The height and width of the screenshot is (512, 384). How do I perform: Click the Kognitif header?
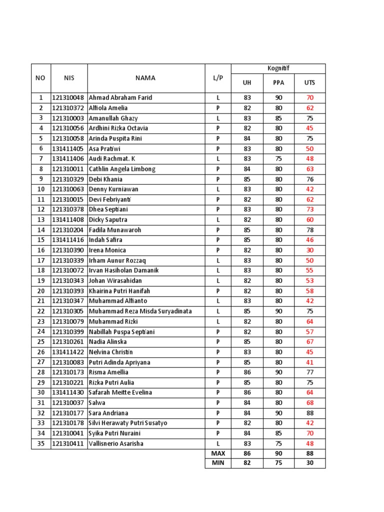point(278,68)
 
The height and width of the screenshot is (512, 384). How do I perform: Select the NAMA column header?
point(145,78)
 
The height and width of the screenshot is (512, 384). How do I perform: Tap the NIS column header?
point(69,78)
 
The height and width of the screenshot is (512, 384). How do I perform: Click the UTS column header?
point(310,83)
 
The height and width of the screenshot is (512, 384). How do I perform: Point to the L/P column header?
point(218,78)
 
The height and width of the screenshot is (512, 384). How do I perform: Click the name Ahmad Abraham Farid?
point(120,98)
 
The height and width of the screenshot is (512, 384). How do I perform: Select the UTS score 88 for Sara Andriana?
point(310,413)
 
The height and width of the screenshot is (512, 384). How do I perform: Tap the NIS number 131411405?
point(69,149)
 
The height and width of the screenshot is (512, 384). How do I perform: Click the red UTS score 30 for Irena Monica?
point(310,250)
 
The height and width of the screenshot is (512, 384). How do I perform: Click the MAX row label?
point(218,453)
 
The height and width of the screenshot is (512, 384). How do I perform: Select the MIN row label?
point(218,463)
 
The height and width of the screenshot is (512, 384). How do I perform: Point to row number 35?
point(40,443)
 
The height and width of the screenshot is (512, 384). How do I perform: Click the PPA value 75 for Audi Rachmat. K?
point(278,159)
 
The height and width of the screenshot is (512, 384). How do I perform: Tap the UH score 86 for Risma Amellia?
point(247,372)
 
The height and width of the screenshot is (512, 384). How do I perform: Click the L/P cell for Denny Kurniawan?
point(218,189)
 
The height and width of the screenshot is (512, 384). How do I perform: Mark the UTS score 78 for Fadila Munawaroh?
point(310,230)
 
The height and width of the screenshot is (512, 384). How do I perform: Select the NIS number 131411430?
point(69,392)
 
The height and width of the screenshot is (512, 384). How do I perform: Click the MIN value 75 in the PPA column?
point(278,463)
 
